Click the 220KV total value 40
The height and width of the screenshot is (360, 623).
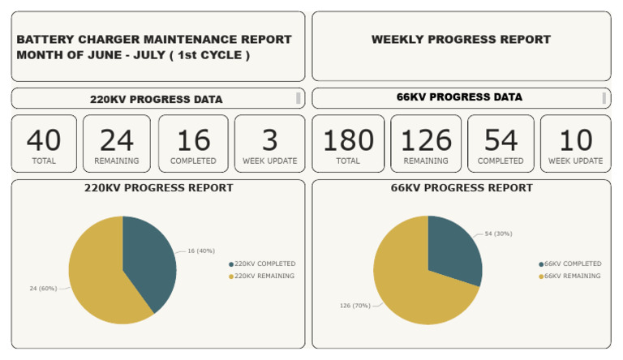(x=44, y=140)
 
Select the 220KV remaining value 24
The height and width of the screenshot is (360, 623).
(x=116, y=140)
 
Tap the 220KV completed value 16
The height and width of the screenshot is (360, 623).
(x=193, y=140)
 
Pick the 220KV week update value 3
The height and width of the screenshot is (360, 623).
(x=269, y=140)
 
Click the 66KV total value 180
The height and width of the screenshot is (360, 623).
(x=348, y=140)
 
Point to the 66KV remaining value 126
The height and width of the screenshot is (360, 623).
(x=425, y=140)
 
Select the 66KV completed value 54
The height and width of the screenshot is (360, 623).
(x=501, y=140)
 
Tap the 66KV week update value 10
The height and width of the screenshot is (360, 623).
(x=575, y=140)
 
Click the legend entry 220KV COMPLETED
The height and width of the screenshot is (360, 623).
(x=264, y=264)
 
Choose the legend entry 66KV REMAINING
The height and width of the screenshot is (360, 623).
(x=572, y=276)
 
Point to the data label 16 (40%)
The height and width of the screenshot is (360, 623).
(x=200, y=251)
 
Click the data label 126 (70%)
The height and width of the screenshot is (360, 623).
(x=354, y=306)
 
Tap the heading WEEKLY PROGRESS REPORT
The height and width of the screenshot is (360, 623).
(x=461, y=39)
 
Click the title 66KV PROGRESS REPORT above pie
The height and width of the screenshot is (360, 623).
(x=461, y=187)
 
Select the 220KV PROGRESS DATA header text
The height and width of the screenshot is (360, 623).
(x=156, y=100)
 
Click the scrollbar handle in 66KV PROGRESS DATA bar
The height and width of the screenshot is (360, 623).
(x=604, y=98)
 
